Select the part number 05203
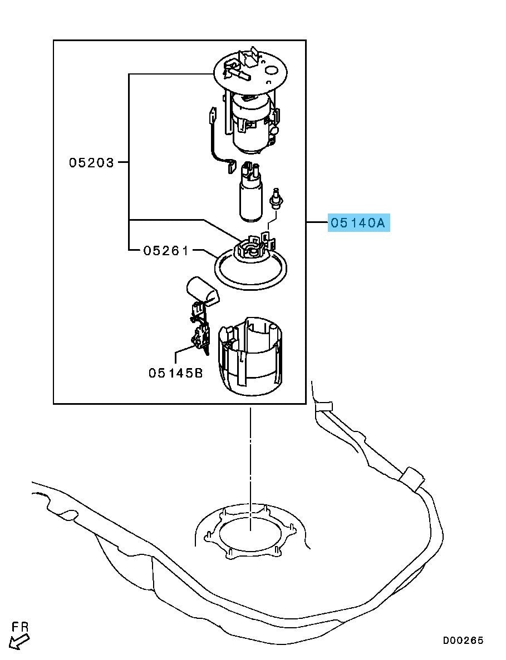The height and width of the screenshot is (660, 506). [x=91, y=162]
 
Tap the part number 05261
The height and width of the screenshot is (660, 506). [x=166, y=250]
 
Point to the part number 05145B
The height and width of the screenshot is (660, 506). [x=176, y=373]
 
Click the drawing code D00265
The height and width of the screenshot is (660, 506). [x=463, y=640]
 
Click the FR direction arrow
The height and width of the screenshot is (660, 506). [x=19, y=642]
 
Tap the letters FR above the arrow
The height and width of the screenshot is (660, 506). [x=20, y=627]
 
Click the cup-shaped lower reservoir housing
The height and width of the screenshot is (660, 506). [x=250, y=356]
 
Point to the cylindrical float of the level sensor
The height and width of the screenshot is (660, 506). [x=202, y=290]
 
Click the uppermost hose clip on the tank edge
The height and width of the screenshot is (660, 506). [x=323, y=406]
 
